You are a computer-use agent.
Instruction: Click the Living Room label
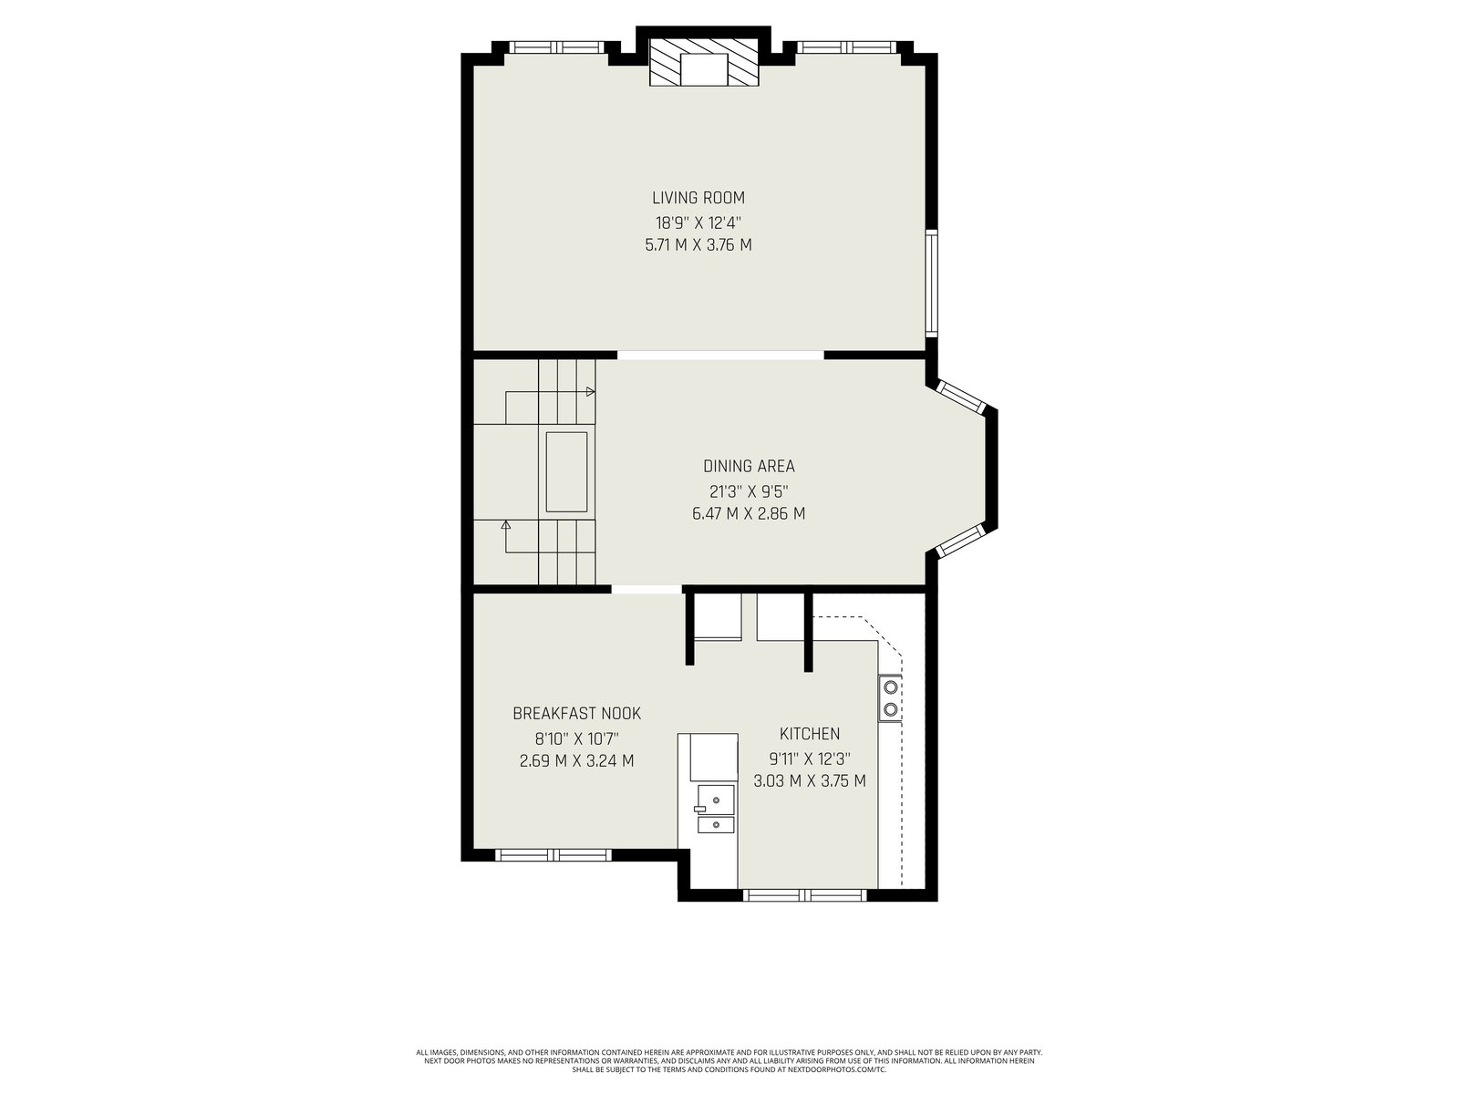point(698,198)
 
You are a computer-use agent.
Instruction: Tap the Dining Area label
point(749,466)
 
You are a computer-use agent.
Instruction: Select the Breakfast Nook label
point(576,714)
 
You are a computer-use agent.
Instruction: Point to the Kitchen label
point(810,734)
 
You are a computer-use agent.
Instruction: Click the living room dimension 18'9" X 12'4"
point(698,222)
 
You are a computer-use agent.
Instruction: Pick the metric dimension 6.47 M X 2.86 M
point(749,513)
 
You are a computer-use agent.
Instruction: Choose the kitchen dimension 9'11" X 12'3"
point(810,759)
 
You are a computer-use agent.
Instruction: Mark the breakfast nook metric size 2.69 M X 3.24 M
point(576,760)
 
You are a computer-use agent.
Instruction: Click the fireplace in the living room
point(704,62)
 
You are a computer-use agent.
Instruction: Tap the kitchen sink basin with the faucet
point(715,799)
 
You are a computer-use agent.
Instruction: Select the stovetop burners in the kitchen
point(890,698)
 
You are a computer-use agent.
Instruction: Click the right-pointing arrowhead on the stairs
point(590,392)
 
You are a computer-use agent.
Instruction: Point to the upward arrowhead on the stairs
point(506,525)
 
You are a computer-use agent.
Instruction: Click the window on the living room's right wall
point(932,283)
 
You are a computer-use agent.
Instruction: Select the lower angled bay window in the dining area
point(960,540)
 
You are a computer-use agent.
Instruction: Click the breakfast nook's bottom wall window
point(553,855)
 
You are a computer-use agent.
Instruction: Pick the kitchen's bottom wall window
point(804,894)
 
